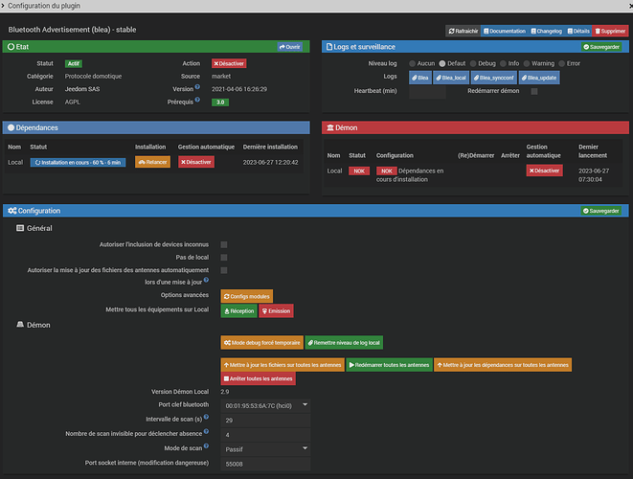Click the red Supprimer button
(x=610, y=31)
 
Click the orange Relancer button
(x=152, y=162)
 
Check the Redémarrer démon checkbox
(x=534, y=91)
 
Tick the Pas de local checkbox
(x=224, y=258)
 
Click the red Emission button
(x=276, y=310)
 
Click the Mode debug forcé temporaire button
(x=261, y=342)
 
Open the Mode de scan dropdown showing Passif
(x=265, y=447)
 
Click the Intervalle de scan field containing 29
(x=265, y=420)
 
